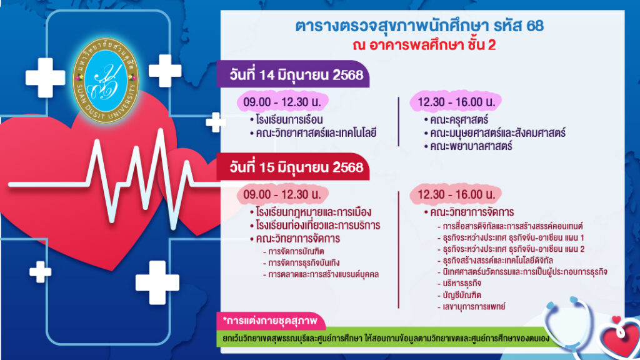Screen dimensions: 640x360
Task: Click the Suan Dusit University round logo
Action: [106, 81]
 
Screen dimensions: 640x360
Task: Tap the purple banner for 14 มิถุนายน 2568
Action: [293, 74]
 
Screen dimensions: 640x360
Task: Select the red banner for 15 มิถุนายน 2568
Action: [293, 167]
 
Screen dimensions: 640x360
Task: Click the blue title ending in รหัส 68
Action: [419, 26]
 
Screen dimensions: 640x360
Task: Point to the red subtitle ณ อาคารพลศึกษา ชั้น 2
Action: [424, 45]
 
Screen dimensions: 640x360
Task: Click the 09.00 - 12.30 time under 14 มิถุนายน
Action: [282, 102]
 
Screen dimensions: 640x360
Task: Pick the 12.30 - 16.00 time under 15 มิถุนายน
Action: [456, 194]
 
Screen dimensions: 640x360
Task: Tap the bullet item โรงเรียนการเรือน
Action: [286, 119]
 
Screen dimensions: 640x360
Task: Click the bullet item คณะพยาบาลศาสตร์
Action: [467, 146]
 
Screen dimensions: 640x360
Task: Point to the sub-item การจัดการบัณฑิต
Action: [294, 251]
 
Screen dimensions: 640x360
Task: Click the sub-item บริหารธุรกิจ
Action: [459, 283]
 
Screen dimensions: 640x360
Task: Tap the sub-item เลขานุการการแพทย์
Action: [471, 306]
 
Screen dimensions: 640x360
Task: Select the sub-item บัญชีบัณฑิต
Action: [459, 295]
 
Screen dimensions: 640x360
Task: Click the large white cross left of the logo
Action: [45, 77]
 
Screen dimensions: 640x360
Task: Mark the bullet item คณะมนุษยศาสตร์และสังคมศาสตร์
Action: [494, 132]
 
